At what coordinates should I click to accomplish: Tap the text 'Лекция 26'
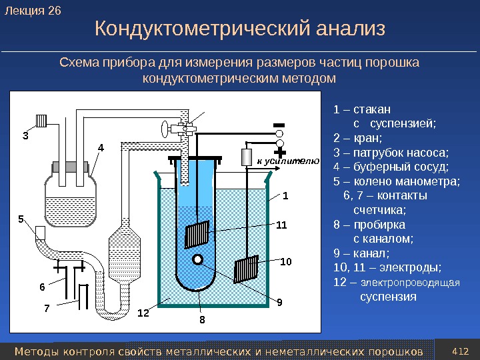[x=32, y=10]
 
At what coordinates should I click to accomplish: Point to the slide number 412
[x=461, y=351]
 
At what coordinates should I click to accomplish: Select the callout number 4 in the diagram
[x=101, y=147]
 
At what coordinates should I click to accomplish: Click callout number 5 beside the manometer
[x=21, y=218]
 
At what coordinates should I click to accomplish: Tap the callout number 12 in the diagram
[x=143, y=312]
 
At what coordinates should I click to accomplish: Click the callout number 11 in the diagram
[x=281, y=225]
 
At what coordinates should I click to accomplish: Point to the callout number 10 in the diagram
[x=287, y=263]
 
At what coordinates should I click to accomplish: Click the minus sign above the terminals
[x=279, y=125]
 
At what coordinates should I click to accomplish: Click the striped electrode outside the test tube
[x=247, y=269]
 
